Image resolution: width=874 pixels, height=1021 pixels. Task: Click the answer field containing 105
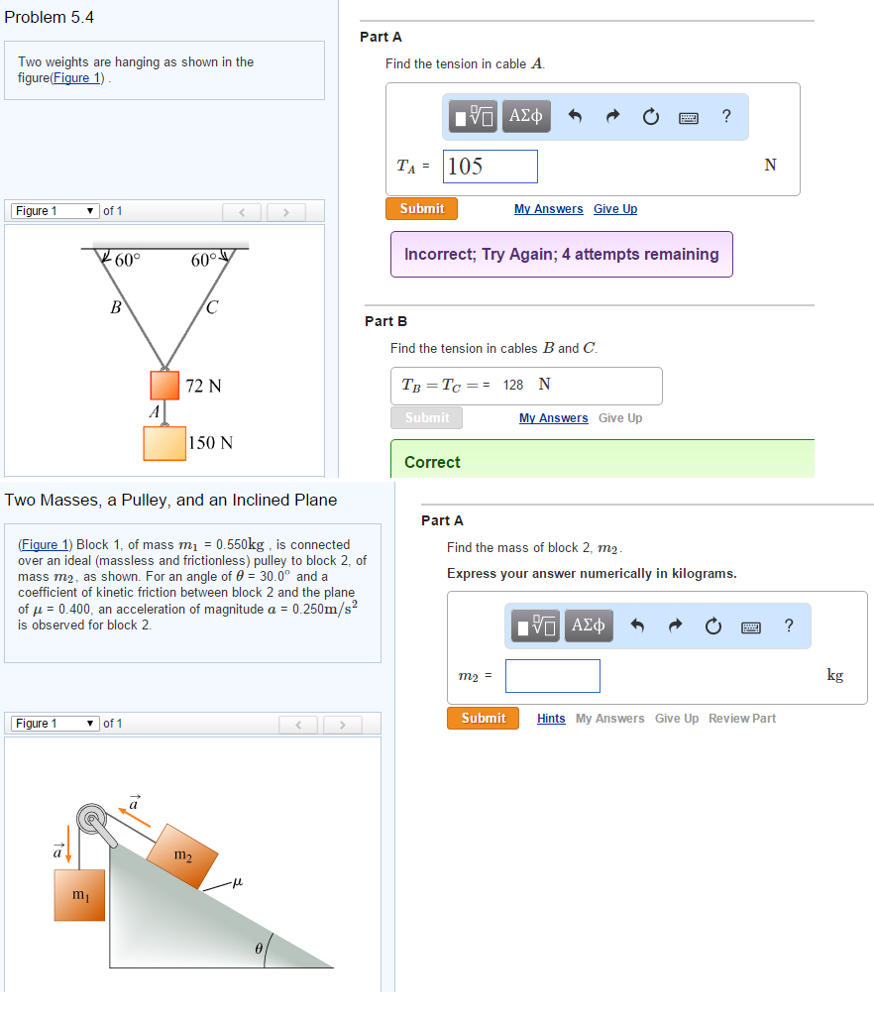point(492,167)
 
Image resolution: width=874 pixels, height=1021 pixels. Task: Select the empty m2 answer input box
point(552,676)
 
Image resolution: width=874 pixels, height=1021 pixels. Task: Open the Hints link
point(551,719)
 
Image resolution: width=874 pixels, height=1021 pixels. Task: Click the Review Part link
point(741,719)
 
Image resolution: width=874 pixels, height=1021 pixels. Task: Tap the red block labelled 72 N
point(165,385)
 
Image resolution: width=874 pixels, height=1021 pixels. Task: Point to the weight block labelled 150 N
point(164,442)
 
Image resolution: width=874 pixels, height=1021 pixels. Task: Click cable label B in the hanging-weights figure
point(115,307)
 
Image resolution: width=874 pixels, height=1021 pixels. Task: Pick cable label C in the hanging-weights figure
point(212,307)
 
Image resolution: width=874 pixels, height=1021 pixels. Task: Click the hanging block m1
point(79,896)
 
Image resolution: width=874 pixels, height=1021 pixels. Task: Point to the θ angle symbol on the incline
point(259,949)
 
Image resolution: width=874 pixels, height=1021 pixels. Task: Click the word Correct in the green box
point(432,463)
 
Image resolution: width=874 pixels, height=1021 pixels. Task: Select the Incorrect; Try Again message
point(561,255)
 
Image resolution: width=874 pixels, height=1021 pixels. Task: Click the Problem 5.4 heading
point(50,18)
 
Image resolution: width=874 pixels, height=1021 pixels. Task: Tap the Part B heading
point(385,321)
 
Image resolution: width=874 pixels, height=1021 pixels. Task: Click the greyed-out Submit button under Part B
point(426,418)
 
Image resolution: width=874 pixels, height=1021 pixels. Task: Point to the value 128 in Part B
point(512,385)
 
